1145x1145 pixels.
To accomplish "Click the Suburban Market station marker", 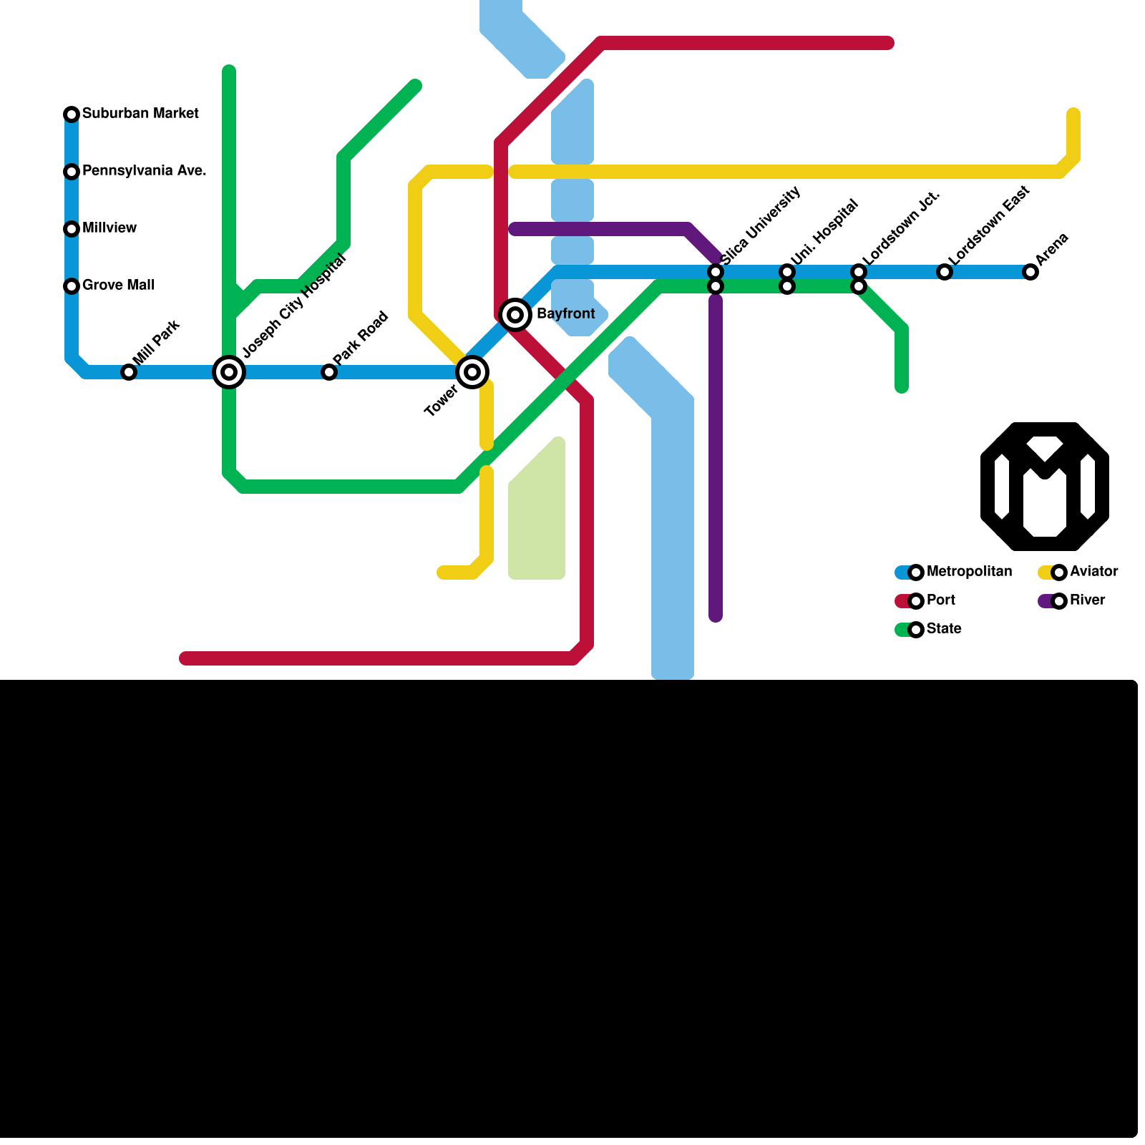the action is tap(72, 114).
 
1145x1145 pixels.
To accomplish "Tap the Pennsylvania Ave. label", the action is tap(144, 171).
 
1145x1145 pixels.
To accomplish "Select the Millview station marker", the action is tap(72, 229).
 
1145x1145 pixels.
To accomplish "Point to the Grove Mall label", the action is tap(118, 286).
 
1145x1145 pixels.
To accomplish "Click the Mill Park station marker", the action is tap(129, 372).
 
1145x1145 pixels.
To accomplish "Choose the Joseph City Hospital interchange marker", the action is tap(229, 372).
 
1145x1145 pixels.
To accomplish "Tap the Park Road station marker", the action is tap(329, 372).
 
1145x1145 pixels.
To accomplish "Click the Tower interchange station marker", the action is tap(472, 372).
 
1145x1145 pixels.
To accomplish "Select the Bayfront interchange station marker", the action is tap(515, 315).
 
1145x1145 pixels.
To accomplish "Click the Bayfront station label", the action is tap(565, 314).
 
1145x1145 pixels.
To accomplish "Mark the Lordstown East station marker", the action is tap(945, 272).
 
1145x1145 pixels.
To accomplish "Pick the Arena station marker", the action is tap(1030, 272).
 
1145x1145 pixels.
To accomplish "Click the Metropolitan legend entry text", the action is tap(969, 572).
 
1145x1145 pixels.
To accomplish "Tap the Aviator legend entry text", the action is tap(1093, 572).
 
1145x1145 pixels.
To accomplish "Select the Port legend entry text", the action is tap(940, 600).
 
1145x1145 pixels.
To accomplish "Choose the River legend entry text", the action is tap(1087, 600).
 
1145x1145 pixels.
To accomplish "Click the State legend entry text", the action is tap(943, 629).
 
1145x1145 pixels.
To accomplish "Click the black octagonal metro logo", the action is tap(1045, 487).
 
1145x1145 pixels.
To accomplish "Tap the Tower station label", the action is tap(441, 401).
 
